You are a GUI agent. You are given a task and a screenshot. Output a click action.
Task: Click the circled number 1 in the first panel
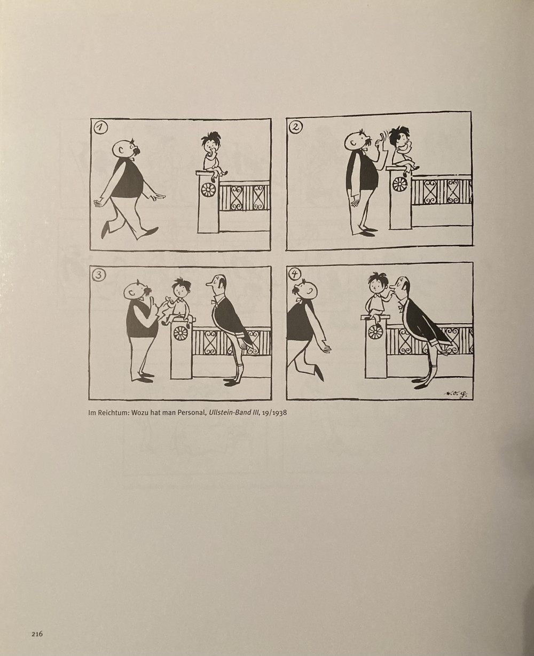pyautogui.click(x=100, y=128)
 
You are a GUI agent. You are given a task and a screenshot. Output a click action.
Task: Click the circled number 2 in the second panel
pyautogui.click(x=296, y=127)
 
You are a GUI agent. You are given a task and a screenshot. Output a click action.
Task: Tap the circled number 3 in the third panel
pyautogui.click(x=99, y=275)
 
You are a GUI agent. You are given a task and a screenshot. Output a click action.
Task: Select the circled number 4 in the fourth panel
pyautogui.click(x=295, y=274)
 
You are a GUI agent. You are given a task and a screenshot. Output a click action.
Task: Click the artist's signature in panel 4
pyautogui.click(x=455, y=394)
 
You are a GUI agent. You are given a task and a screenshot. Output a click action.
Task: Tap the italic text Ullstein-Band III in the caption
pyautogui.click(x=233, y=413)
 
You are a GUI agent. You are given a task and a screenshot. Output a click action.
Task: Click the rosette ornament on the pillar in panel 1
pyautogui.click(x=207, y=190)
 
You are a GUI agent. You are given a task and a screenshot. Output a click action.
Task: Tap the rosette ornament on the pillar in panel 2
pyautogui.click(x=400, y=184)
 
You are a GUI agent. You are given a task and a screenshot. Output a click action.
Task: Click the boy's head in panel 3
pyautogui.click(x=180, y=288)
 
